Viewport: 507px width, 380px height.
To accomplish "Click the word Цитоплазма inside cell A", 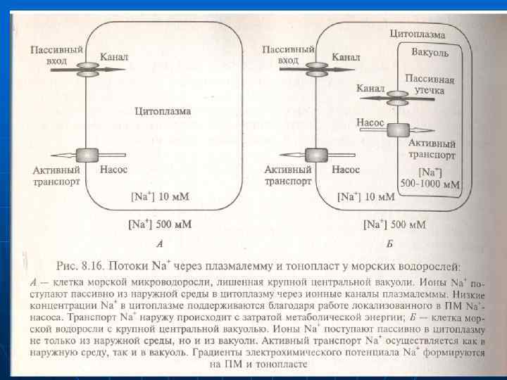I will click(163, 111).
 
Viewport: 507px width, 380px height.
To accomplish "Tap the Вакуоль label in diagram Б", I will click(430, 53).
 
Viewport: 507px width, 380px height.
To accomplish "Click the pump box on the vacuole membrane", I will click(399, 131).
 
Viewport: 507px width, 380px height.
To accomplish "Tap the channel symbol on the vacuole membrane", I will click(399, 97).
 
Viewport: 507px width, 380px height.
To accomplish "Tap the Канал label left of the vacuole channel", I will click(370, 89).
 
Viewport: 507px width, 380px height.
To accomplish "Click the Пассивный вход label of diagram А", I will click(57, 55).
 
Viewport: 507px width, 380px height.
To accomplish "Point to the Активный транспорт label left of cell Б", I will click(288, 175).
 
